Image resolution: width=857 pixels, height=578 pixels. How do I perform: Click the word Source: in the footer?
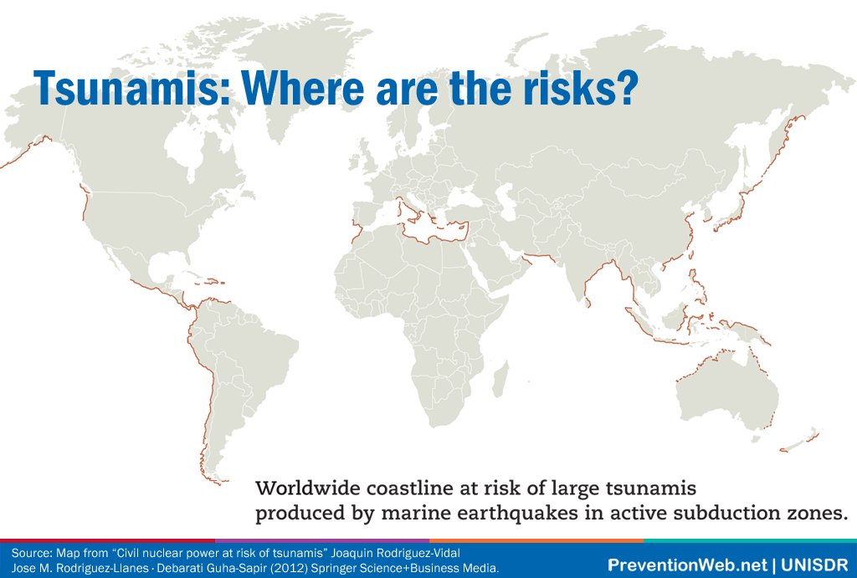click(30, 554)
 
